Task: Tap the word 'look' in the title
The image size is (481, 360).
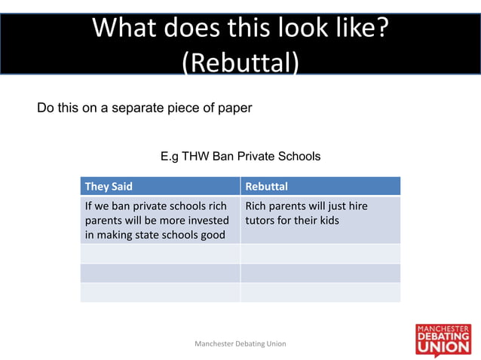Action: pos(286,28)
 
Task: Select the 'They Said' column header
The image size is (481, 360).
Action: pos(109,186)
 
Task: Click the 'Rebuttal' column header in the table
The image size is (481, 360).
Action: pos(267,186)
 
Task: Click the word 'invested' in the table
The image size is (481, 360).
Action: pos(205,221)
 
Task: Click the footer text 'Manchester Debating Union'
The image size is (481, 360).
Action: pos(240,343)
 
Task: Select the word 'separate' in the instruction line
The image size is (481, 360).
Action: pos(139,108)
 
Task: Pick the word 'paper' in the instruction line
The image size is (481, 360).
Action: pos(234,108)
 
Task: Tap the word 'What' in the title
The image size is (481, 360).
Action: pos(125,28)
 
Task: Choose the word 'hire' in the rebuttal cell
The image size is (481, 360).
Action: pos(357,206)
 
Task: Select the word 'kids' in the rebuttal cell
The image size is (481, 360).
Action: pos(328,221)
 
